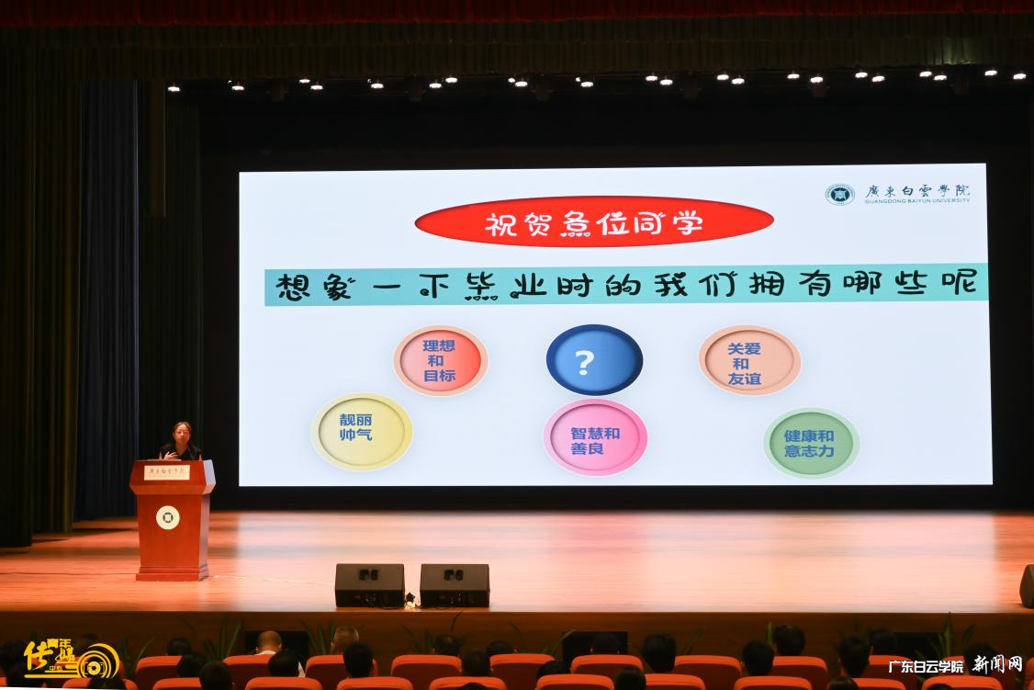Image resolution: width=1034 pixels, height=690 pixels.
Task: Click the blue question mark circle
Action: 594,360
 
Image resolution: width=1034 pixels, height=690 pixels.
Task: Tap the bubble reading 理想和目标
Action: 440,360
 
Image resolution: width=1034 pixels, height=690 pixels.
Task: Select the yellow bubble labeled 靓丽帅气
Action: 362,431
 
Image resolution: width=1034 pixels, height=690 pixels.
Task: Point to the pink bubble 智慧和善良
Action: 595,437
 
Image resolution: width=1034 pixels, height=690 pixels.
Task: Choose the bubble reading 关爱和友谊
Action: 749,360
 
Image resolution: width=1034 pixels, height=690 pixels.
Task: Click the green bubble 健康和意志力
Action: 811,443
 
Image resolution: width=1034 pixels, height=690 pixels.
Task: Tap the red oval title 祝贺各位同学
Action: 594,221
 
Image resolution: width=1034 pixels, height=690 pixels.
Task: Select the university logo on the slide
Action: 838,194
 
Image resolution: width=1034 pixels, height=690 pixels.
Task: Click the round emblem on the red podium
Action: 167,517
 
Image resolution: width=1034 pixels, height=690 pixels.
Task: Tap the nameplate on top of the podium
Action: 166,471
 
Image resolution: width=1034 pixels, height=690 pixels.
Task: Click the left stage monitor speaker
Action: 369,584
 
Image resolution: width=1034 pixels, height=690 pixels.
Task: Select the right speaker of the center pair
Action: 455,584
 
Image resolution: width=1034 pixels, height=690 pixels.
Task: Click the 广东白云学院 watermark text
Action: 925,666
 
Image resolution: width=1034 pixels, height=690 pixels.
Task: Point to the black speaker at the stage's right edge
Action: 1027,585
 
